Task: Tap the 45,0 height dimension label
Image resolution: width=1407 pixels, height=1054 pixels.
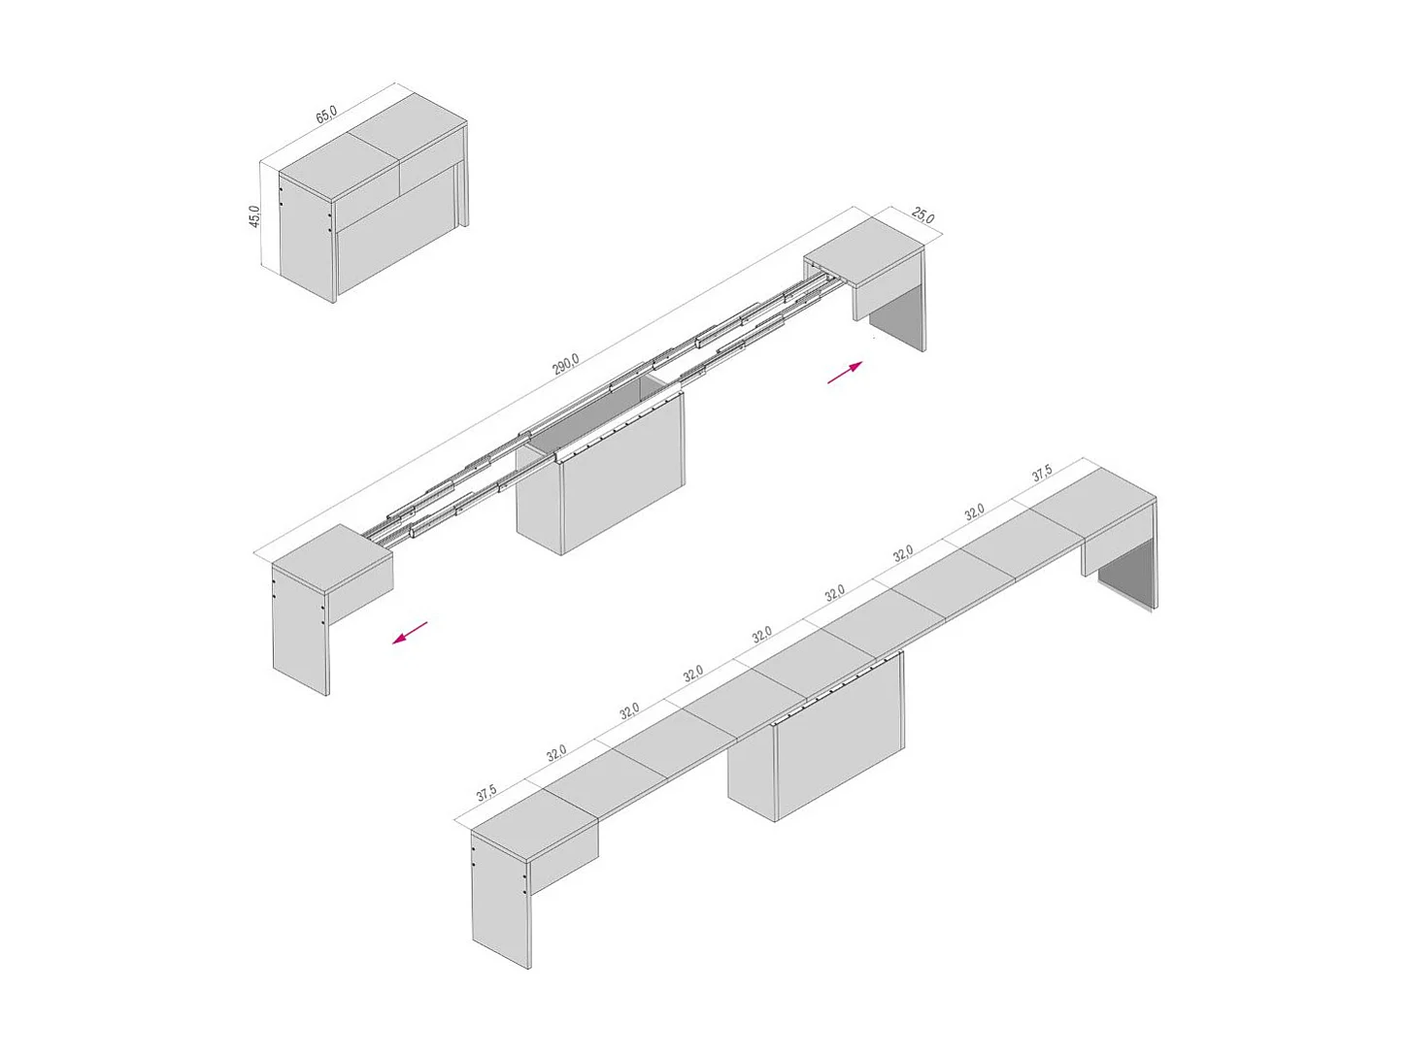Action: (254, 215)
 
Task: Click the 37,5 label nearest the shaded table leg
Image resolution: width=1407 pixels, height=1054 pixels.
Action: (1041, 474)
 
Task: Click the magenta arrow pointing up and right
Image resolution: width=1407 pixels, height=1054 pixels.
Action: (845, 373)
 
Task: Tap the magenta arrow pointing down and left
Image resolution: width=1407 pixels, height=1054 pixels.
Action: (410, 632)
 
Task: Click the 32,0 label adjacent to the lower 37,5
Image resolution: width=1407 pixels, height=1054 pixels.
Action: (555, 753)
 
